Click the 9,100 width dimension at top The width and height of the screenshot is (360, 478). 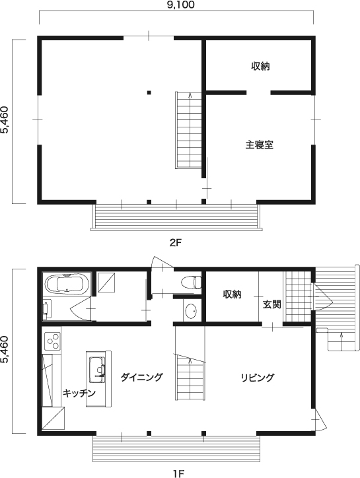tap(175, 5)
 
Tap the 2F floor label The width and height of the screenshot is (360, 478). tap(175, 242)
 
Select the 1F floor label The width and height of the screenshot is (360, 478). tap(176, 472)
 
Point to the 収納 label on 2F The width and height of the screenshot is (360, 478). tap(260, 66)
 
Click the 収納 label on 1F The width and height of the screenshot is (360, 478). tap(231, 294)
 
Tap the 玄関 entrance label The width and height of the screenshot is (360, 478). tap(271, 305)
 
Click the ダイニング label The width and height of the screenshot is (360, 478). tap(141, 377)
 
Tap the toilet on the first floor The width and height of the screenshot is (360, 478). tap(191, 281)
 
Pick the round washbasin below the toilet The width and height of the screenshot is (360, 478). tap(190, 311)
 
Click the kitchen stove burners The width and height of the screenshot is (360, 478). tap(52, 341)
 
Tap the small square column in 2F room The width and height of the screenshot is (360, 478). tap(149, 92)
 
